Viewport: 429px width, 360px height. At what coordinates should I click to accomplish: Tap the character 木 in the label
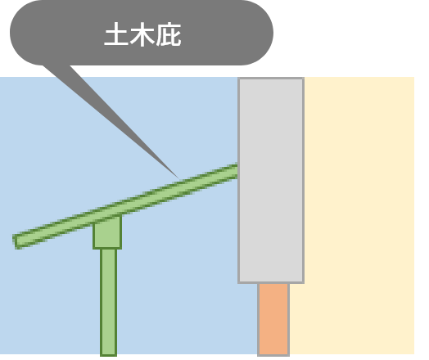(x=142, y=34)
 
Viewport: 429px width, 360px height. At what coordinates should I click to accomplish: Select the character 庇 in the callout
(x=169, y=34)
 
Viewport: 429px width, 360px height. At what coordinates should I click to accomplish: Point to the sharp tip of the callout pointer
(x=179, y=179)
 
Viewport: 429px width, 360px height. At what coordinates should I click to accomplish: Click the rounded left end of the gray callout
(x=14, y=33)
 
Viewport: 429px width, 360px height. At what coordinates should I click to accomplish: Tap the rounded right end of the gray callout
(x=269, y=33)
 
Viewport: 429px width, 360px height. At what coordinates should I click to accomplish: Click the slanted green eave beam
(x=126, y=205)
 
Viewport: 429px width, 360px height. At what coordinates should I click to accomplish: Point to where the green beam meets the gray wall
(x=238, y=170)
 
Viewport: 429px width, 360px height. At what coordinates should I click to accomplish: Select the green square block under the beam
(x=107, y=232)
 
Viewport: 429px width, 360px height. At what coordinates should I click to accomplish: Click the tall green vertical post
(x=109, y=302)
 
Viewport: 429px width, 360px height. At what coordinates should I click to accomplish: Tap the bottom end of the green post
(x=109, y=355)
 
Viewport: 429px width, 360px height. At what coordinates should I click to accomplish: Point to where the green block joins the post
(x=109, y=249)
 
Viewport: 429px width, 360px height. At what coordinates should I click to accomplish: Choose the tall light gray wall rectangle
(x=271, y=181)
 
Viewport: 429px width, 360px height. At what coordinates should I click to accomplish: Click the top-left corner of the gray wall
(x=238, y=79)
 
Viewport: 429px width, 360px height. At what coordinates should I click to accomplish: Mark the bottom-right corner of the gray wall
(x=304, y=282)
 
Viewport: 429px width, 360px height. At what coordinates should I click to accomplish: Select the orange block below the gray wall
(x=273, y=319)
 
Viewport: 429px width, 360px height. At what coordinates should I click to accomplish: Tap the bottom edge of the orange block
(x=273, y=355)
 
